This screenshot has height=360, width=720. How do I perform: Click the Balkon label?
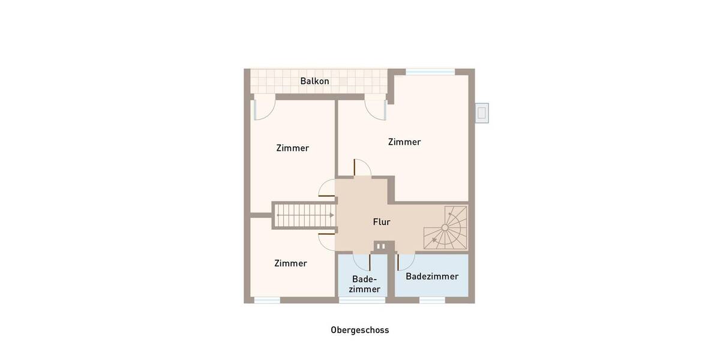314,81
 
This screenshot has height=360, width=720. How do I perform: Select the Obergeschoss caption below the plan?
359,330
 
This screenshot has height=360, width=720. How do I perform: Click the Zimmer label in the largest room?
404,142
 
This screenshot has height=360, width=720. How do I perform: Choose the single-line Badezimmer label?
432,277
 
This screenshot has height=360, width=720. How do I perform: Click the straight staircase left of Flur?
305,215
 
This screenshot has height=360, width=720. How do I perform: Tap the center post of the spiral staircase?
445,228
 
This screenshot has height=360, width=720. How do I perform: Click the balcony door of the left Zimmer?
264,108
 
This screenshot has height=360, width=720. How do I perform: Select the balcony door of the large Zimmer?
376,108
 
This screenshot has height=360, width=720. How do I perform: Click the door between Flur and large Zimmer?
362,169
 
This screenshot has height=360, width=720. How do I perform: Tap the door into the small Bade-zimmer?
362,262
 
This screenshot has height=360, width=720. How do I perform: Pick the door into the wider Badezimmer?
405,261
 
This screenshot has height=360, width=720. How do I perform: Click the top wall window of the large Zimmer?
430,72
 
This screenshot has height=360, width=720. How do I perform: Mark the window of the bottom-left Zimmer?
266,300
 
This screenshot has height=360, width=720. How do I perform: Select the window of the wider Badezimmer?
432,300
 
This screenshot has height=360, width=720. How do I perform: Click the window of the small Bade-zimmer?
353,300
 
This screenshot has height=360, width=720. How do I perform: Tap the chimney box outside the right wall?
481,113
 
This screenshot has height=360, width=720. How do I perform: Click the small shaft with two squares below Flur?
380,246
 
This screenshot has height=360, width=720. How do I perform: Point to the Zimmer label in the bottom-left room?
290,263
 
